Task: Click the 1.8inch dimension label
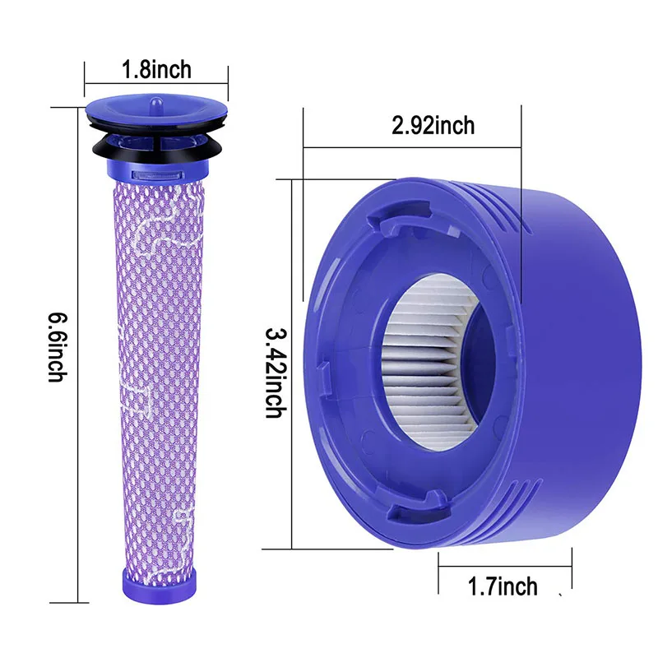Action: [x=156, y=68]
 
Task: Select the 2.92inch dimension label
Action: [x=433, y=125]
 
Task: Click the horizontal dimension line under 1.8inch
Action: [x=156, y=82]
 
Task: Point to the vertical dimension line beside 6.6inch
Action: [x=76, y=345]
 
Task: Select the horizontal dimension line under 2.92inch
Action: [x=411, y=148]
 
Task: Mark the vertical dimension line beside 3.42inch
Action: [x=293, y=362]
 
